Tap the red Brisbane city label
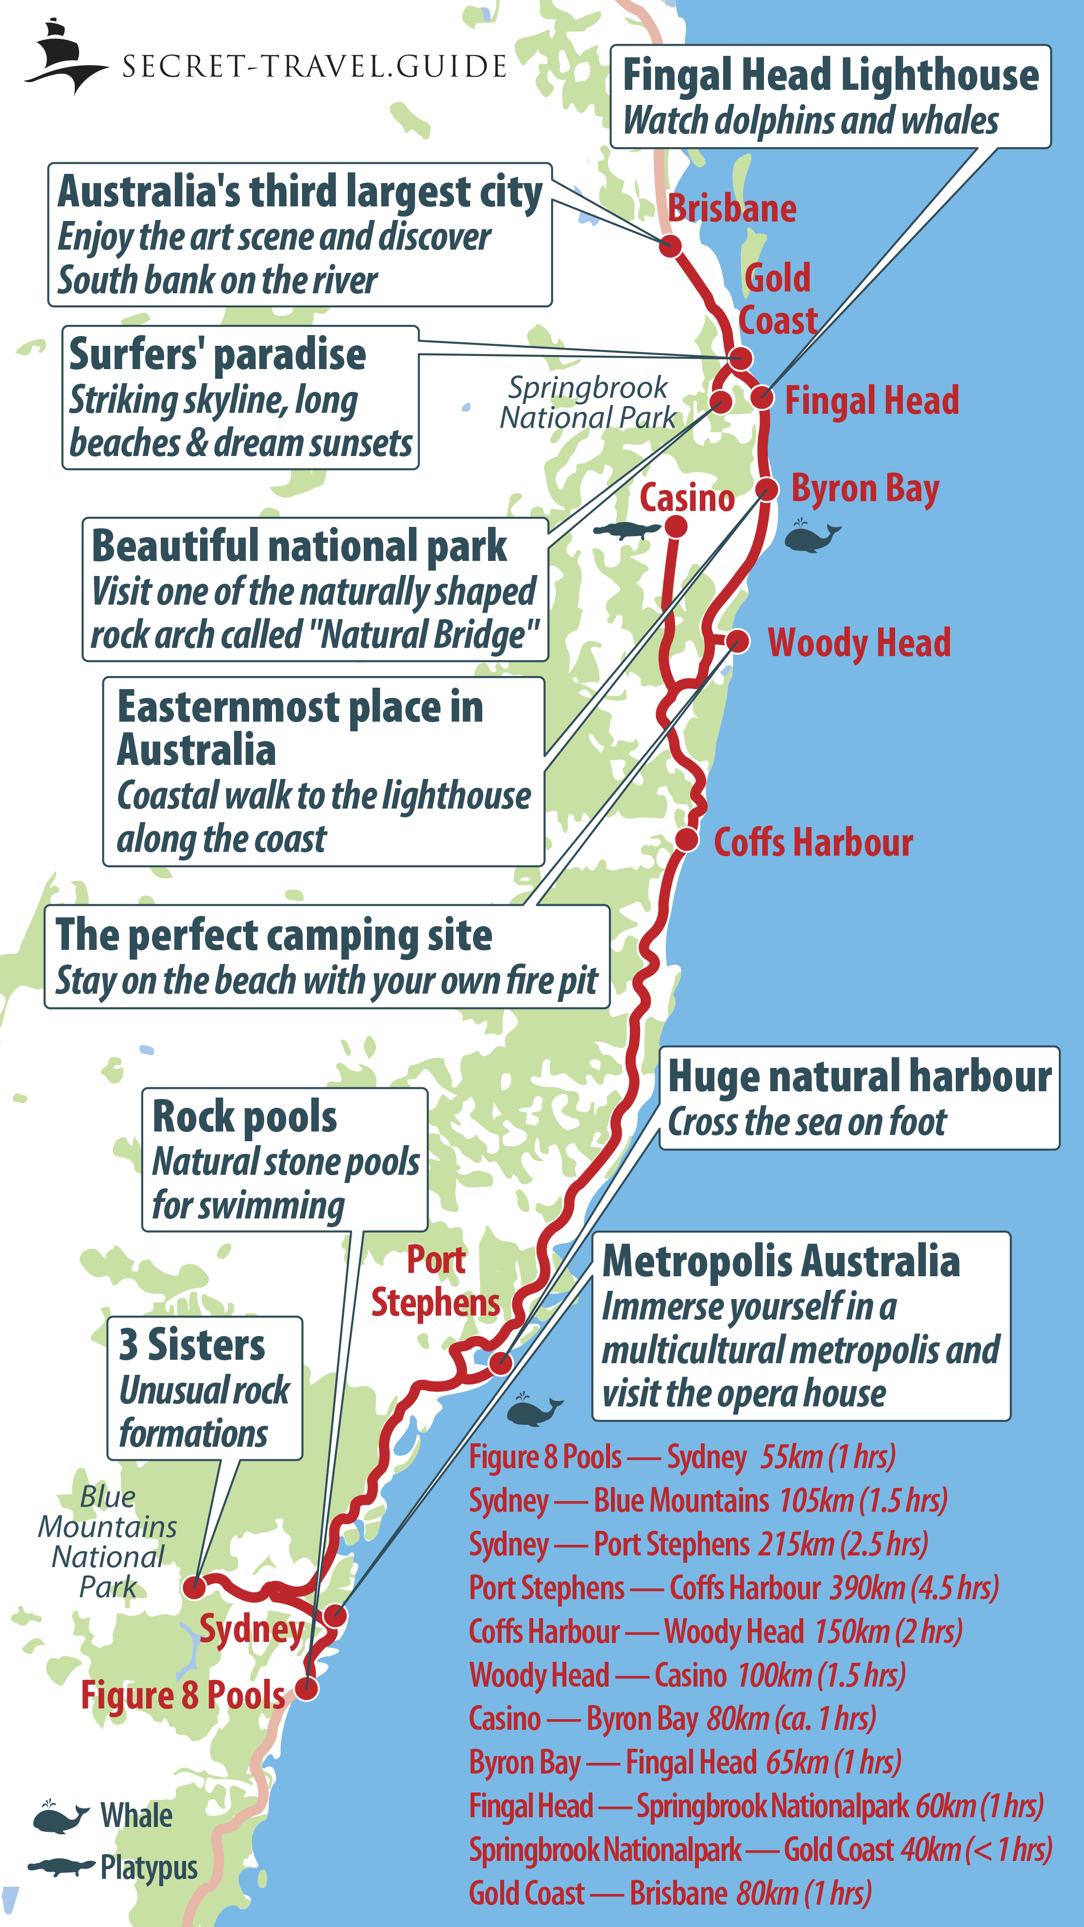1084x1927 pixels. (x=731, y=208)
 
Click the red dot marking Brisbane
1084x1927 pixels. (x=670, y=245)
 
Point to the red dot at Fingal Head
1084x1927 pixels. (x=762, y=396)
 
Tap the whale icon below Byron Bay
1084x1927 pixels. (x=811, y=536)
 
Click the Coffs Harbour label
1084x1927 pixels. (x=813, y=843)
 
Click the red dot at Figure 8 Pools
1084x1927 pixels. (x=306, y=1687)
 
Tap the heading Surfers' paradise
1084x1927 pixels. (x=217, y=355)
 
